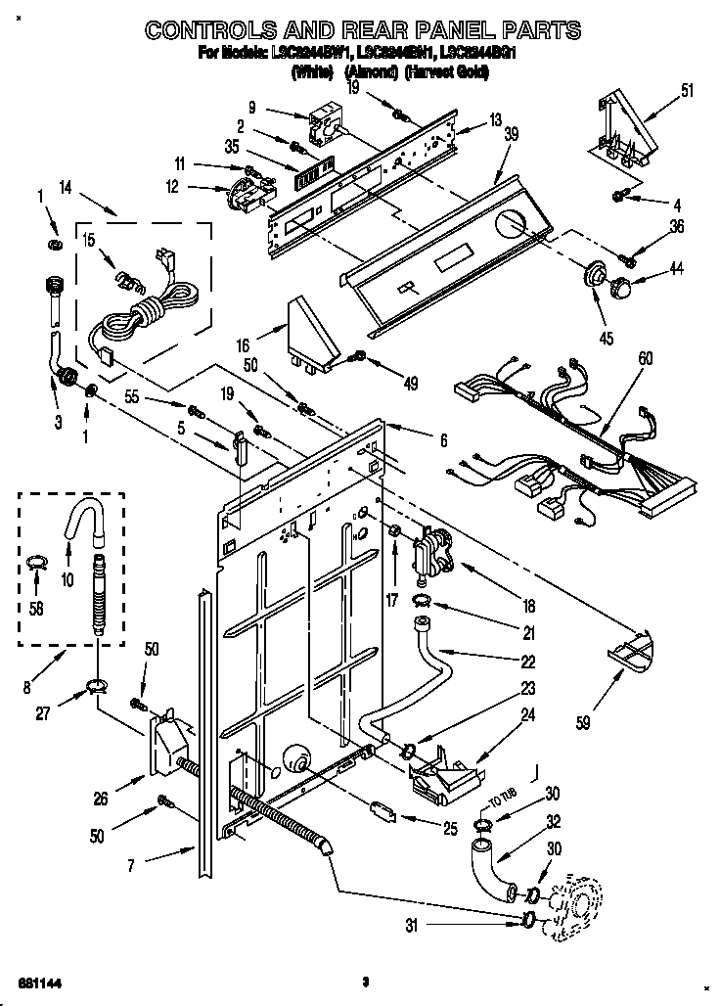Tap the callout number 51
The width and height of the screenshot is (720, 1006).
coord(687,91)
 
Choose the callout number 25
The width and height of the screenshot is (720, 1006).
coord(449,830)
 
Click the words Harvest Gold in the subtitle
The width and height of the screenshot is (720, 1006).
coord(462,72)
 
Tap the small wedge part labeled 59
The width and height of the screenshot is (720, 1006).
coord(627,647)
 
